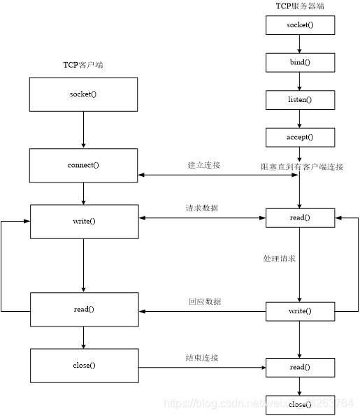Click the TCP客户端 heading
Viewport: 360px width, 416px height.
point(83,65)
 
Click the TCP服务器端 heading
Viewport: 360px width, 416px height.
point(299,6)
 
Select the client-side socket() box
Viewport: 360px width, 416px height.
point(83,94)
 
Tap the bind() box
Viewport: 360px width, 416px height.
point(299,62)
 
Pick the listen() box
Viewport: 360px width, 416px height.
point(299,100)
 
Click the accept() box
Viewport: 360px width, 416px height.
point(299,137)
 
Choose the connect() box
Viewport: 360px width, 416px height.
point(83,165)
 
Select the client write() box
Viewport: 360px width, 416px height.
point(83,221)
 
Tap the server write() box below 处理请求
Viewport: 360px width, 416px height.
point(299,310)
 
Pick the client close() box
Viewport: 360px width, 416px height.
point(83,365)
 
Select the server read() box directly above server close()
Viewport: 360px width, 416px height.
point(299,367)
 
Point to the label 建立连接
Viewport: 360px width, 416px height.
point(203,165)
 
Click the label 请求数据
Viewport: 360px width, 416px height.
point(203,208)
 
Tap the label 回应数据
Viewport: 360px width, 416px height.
point(203,301)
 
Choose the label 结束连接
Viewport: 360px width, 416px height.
point(203,357)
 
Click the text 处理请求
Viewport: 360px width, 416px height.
point(279,259)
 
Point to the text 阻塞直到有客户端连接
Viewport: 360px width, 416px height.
point(301,166)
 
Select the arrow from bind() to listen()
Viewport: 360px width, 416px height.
point(299,81)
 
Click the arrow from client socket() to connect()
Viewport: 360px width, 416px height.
point(83,129)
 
